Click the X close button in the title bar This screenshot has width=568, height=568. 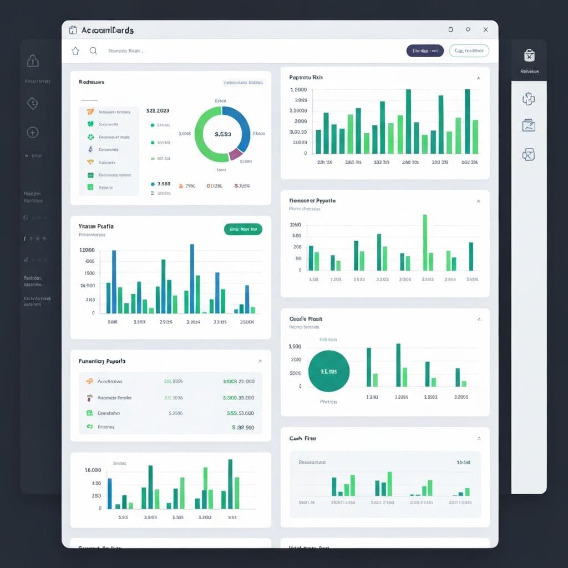tap(486, 29)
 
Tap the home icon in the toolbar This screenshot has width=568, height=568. tap(75, 50)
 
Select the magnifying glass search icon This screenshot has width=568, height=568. tap(93, 50)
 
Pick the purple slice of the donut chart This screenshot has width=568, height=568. tap(235, 153)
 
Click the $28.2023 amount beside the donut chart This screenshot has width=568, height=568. tap(158, 110)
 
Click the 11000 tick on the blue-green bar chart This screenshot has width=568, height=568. tap(87, 250)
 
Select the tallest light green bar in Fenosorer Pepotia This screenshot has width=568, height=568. tap(425, 242)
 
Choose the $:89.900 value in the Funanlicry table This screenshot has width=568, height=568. tap(242, 428)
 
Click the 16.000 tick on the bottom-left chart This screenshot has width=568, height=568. tap(93, 470)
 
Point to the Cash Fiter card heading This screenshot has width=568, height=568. tap(303, 438)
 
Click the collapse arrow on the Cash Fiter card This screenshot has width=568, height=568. tap(479, 439)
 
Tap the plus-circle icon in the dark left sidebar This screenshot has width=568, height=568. tap(33, 132)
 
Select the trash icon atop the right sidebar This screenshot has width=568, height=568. tap(529, 55)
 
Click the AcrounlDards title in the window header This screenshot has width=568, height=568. tap(107, 30)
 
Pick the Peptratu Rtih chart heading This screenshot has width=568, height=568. tap(306, 78)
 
